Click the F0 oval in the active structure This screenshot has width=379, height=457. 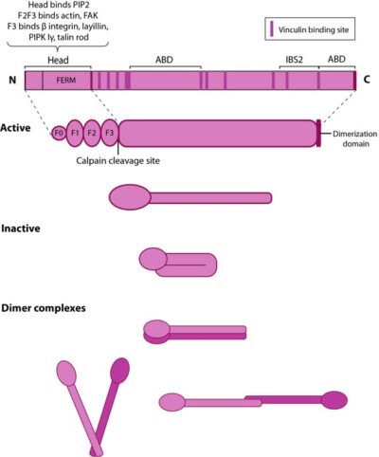[x=60, y=134]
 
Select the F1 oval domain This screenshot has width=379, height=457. [x=75, y=134]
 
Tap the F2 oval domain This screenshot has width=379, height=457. [x=92, y=134]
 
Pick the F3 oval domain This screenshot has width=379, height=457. [x=110, y=134]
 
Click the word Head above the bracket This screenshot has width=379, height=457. [x=58, y=59]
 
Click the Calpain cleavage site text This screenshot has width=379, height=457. [x=117, y=161]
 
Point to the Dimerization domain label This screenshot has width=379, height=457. [x=349, y=139]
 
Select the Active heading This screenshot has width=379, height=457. [x=20, y=126]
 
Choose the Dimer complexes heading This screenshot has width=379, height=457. [x=45, y=307]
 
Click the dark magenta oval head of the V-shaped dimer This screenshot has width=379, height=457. [x=120, y=369]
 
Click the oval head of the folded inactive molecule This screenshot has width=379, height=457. [x=155, y=258]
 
